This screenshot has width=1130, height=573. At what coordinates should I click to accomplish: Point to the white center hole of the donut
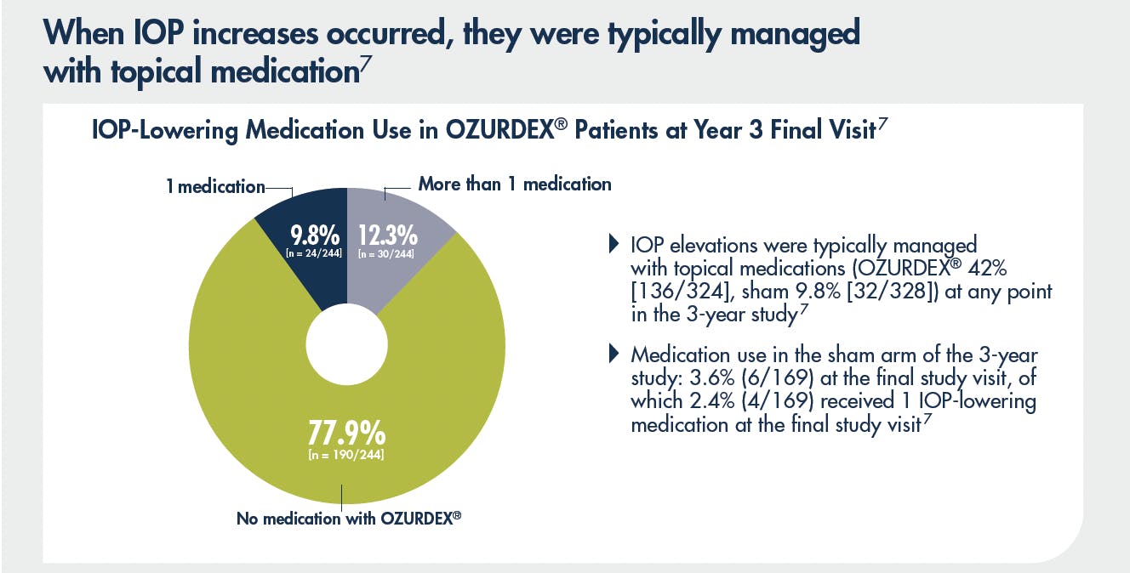click(x=346, y=350)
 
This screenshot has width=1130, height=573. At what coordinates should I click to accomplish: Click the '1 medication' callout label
click(x=215, y=186)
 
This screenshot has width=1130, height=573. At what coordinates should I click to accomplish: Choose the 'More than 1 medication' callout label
click(x=515, y=184)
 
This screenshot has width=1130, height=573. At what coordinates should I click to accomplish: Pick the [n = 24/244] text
click(x=317, y=252)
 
